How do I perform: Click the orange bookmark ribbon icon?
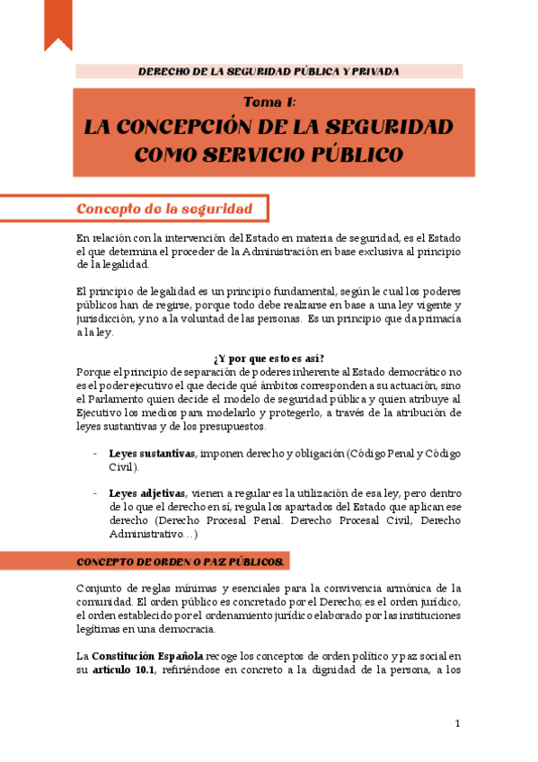57,23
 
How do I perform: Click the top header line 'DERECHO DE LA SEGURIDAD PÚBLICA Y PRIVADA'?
269,71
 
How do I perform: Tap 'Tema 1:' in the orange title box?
269,102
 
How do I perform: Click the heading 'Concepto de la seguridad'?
163,208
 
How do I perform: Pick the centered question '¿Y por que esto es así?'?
269,359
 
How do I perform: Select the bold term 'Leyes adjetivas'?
147,493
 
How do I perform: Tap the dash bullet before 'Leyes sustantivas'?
96,453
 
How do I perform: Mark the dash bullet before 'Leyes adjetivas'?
96,493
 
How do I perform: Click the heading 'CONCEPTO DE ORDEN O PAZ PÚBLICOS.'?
181,562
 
